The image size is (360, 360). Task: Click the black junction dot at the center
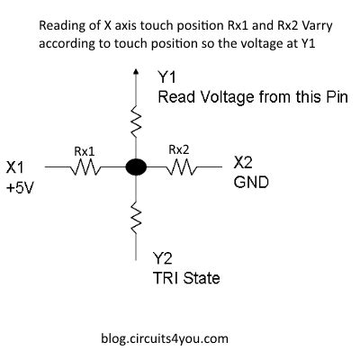click(x=136, y=166)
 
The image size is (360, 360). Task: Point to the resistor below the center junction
click(x=136, y=215)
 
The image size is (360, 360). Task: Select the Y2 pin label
click(x=164, y=256)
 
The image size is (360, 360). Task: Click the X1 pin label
click(x=15, y=166)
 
